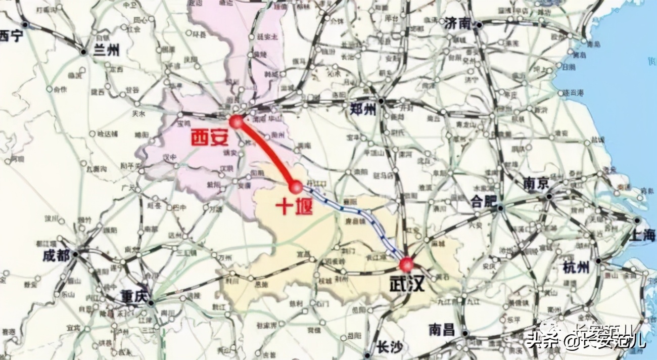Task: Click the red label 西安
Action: pos(209,138)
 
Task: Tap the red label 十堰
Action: pos(294,206)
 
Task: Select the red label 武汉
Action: pos(407,285)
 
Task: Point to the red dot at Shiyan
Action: pos(296,188)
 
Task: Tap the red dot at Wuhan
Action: pos(406,264)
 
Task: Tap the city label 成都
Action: pos(57,256)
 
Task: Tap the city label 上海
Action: pos(643,236)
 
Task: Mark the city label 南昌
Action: pos(442,330)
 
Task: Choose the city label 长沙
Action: pos(390,347)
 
